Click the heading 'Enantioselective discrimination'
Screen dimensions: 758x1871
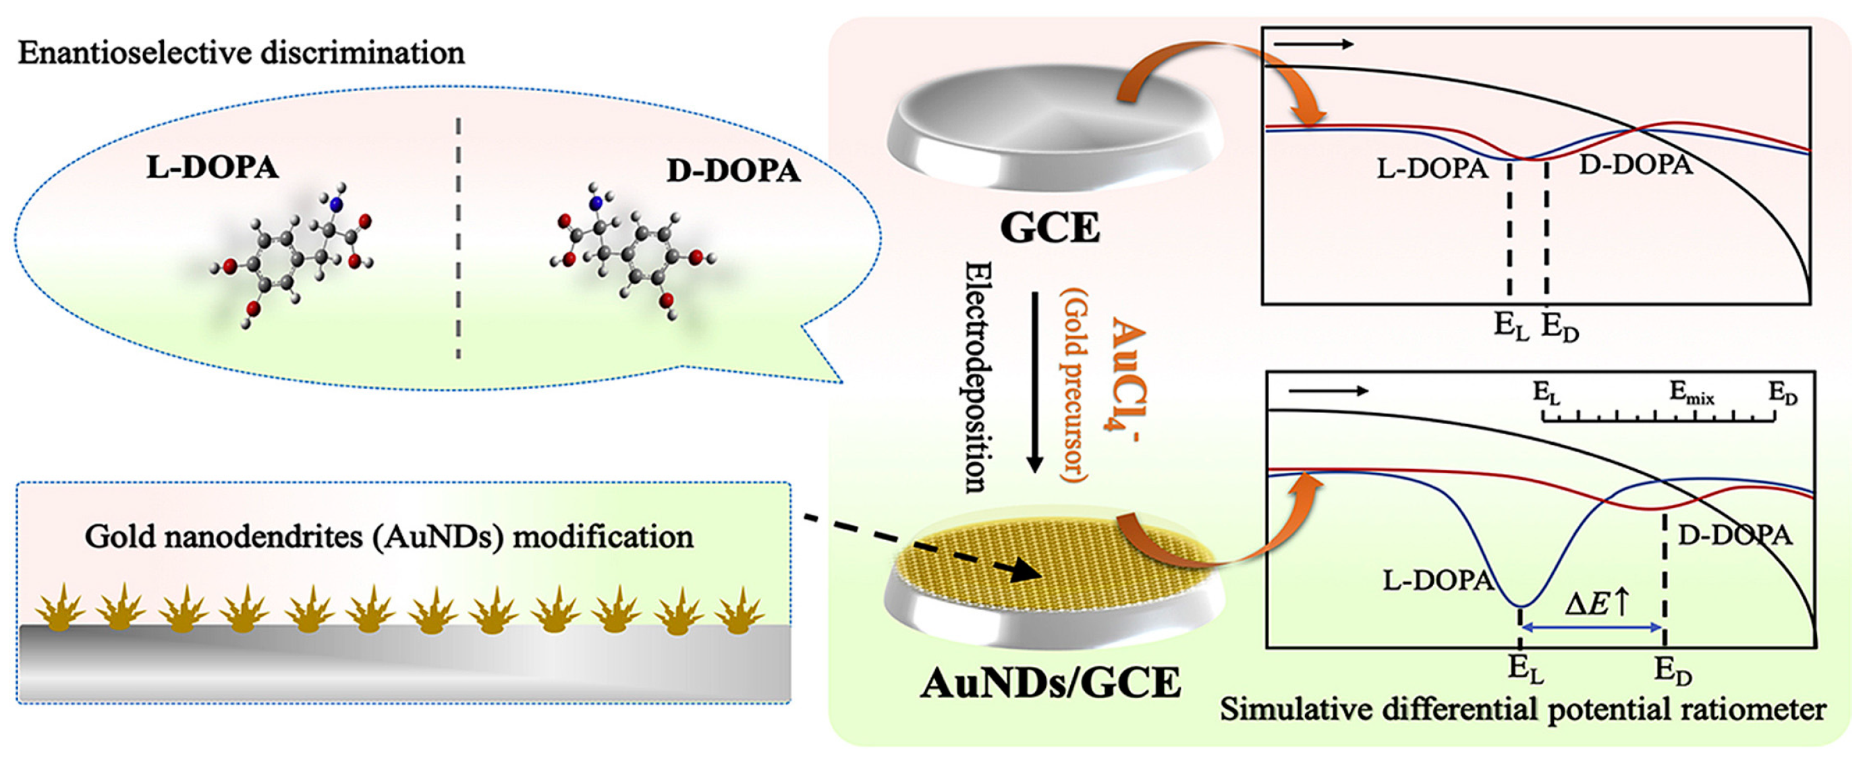click(241, 54)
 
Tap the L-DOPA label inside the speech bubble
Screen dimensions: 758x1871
click(212, 168)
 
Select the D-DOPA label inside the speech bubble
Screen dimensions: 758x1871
click(733, 171)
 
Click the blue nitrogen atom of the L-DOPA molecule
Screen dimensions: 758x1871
click(335, 205)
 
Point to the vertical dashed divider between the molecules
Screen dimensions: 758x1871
click(458, 240)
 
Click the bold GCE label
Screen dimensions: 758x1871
click(1051, 228)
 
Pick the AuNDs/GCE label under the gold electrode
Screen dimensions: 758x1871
click(1051, 684)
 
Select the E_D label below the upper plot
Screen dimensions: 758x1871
click(1560, 327)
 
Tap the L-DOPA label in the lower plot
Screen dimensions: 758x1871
click(1436, 580)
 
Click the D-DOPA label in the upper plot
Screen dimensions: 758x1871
click(1636, 165)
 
